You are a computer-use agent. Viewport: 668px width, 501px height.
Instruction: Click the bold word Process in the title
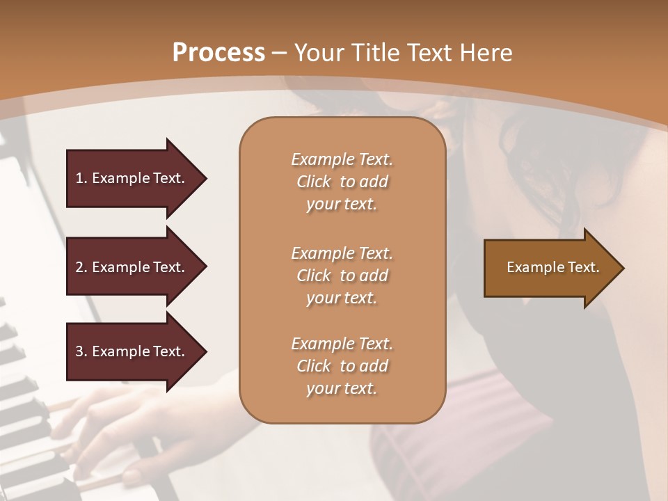218,53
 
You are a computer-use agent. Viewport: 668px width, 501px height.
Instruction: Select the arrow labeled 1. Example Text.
132,178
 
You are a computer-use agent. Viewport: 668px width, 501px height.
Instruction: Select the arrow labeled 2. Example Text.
132,267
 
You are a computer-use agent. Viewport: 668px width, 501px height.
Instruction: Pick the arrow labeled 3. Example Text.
132,351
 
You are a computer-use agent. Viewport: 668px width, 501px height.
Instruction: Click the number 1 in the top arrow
79,178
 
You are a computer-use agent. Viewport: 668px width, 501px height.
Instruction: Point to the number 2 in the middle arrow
79,267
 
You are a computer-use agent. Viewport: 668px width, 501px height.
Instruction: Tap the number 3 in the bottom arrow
79,351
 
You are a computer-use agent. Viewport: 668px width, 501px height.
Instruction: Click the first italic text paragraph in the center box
342,182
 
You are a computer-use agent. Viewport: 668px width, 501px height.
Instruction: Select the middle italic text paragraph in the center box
342,275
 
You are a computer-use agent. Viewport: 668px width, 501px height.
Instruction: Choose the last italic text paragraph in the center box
342,366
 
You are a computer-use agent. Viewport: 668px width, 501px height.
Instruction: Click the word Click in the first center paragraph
313,182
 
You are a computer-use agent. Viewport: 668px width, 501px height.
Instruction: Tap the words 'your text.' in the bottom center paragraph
342,388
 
